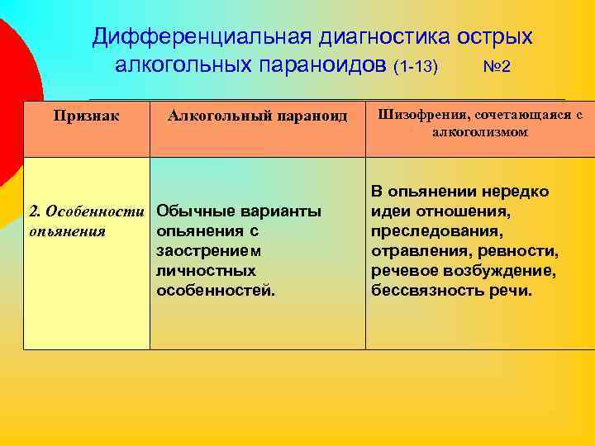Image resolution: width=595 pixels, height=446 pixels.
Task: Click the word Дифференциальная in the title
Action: [x=196, y=37]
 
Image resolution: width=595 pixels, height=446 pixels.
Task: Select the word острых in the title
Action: [x=493, y=37]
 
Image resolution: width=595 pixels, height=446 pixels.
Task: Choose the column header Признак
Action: [x=86, y=116]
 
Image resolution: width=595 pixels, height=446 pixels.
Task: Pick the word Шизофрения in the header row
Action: [x=423, y=115]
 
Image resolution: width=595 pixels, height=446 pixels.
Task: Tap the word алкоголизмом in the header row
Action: [x=480, y=132]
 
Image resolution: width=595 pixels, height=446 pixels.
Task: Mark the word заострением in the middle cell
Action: [x=207, y=250]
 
